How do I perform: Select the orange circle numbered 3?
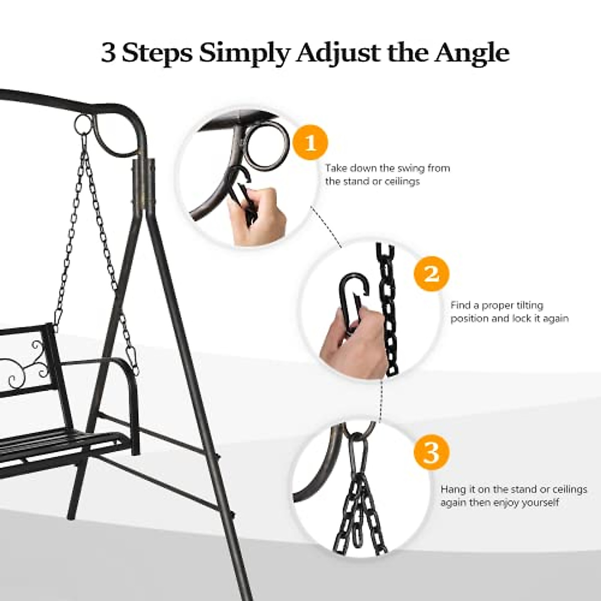pyautogui.click(x=431, y=452)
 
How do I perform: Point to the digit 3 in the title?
pyautogui.click(x=108, y=53)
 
